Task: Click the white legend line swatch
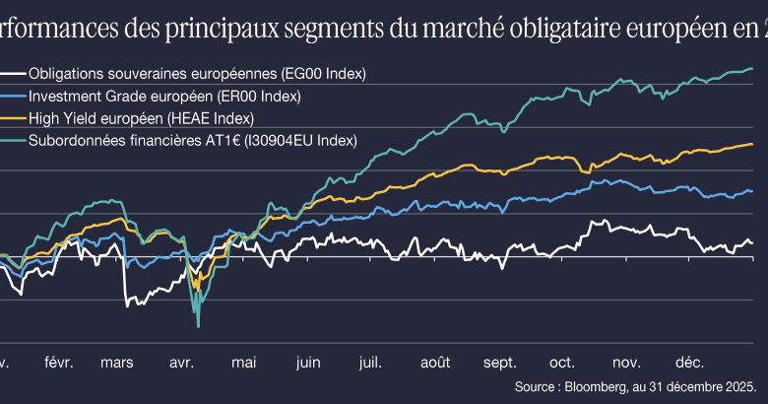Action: pyautogui.click(x=14, y=74)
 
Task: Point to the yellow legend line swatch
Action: pyautogui.click(x=14, y=118)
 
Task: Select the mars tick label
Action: pyautogui.click(x=118, y=362)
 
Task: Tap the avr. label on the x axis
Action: pyautogui.click(x=180, y=362)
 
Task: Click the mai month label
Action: pyautogui.click(x=243, y=362)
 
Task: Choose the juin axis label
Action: pyautogui.click(x=306, y=362)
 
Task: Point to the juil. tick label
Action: pyautogui.click(x=370, y=362)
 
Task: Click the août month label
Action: pyautogui.click(x=435, y=362)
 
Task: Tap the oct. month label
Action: pyautogui.click(x=563, y=362)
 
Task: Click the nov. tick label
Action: pyautogui.click(x=626, y=362)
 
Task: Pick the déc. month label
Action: pyautogui.click(x=689, y=362)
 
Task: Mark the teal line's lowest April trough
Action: pyautogui.click(x=198, y=326)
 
